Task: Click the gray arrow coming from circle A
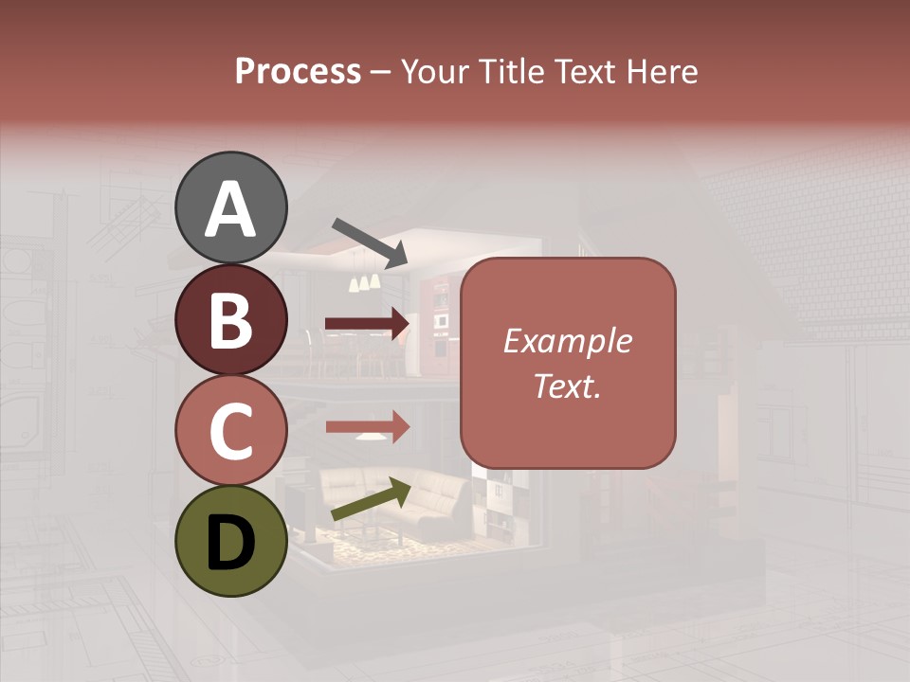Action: coord(370,241)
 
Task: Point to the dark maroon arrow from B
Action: coord(368,324)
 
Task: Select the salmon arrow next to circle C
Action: coord(368,427)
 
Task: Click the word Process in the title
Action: coord(298,71)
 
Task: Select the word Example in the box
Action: coord(568,341)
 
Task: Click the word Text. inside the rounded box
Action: coord(568,386)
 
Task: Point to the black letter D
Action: coord(231,544)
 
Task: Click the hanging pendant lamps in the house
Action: coord(365,278)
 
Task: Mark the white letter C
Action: coord(231,431)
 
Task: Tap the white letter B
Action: coord(231,320)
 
